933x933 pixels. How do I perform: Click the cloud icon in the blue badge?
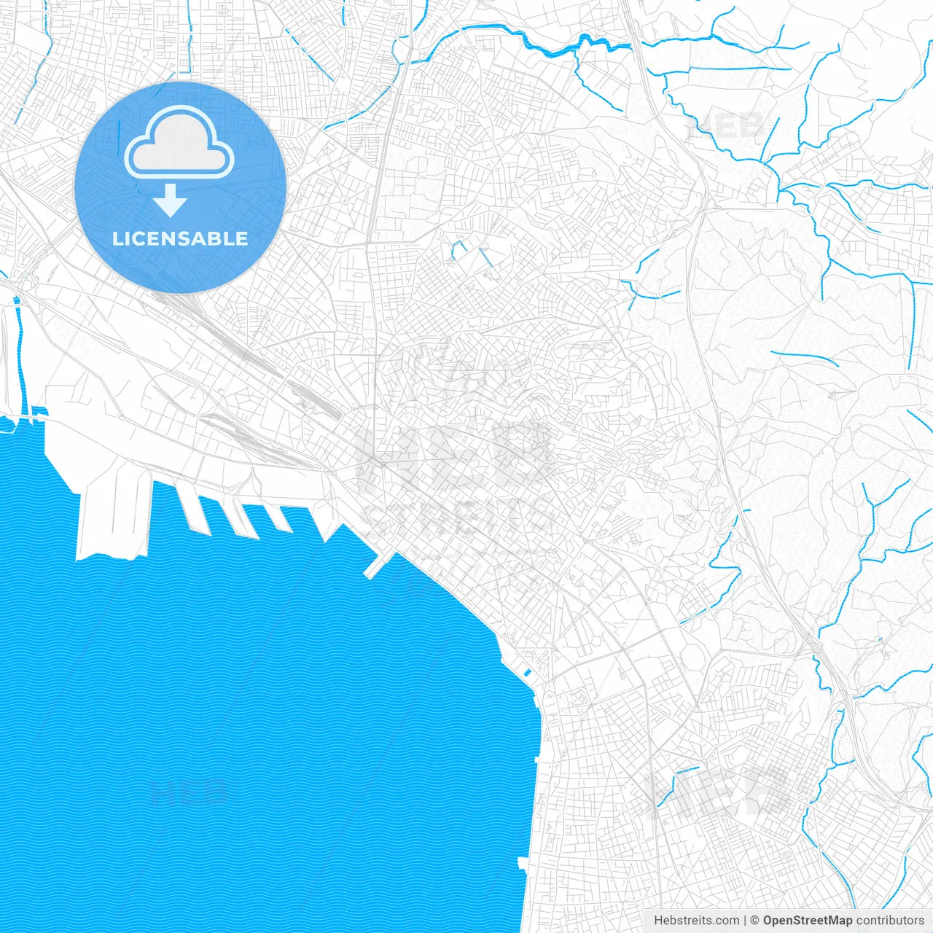(179, 143)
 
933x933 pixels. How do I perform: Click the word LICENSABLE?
(180, 238)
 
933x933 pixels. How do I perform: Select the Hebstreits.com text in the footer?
(697, 921)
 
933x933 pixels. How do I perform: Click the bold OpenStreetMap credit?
(808, 921)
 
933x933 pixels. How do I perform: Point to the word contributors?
(890, 921)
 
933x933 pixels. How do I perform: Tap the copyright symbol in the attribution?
(755, 921)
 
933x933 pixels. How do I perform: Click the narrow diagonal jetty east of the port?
(378, 566)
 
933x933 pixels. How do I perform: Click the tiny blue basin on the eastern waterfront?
(528, 671)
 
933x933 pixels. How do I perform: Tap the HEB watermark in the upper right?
(725, 126)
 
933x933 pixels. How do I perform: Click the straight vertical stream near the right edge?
(911, 324)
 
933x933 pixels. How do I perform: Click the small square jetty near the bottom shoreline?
(521, 864)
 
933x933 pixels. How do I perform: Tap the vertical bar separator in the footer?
(745, 921)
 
